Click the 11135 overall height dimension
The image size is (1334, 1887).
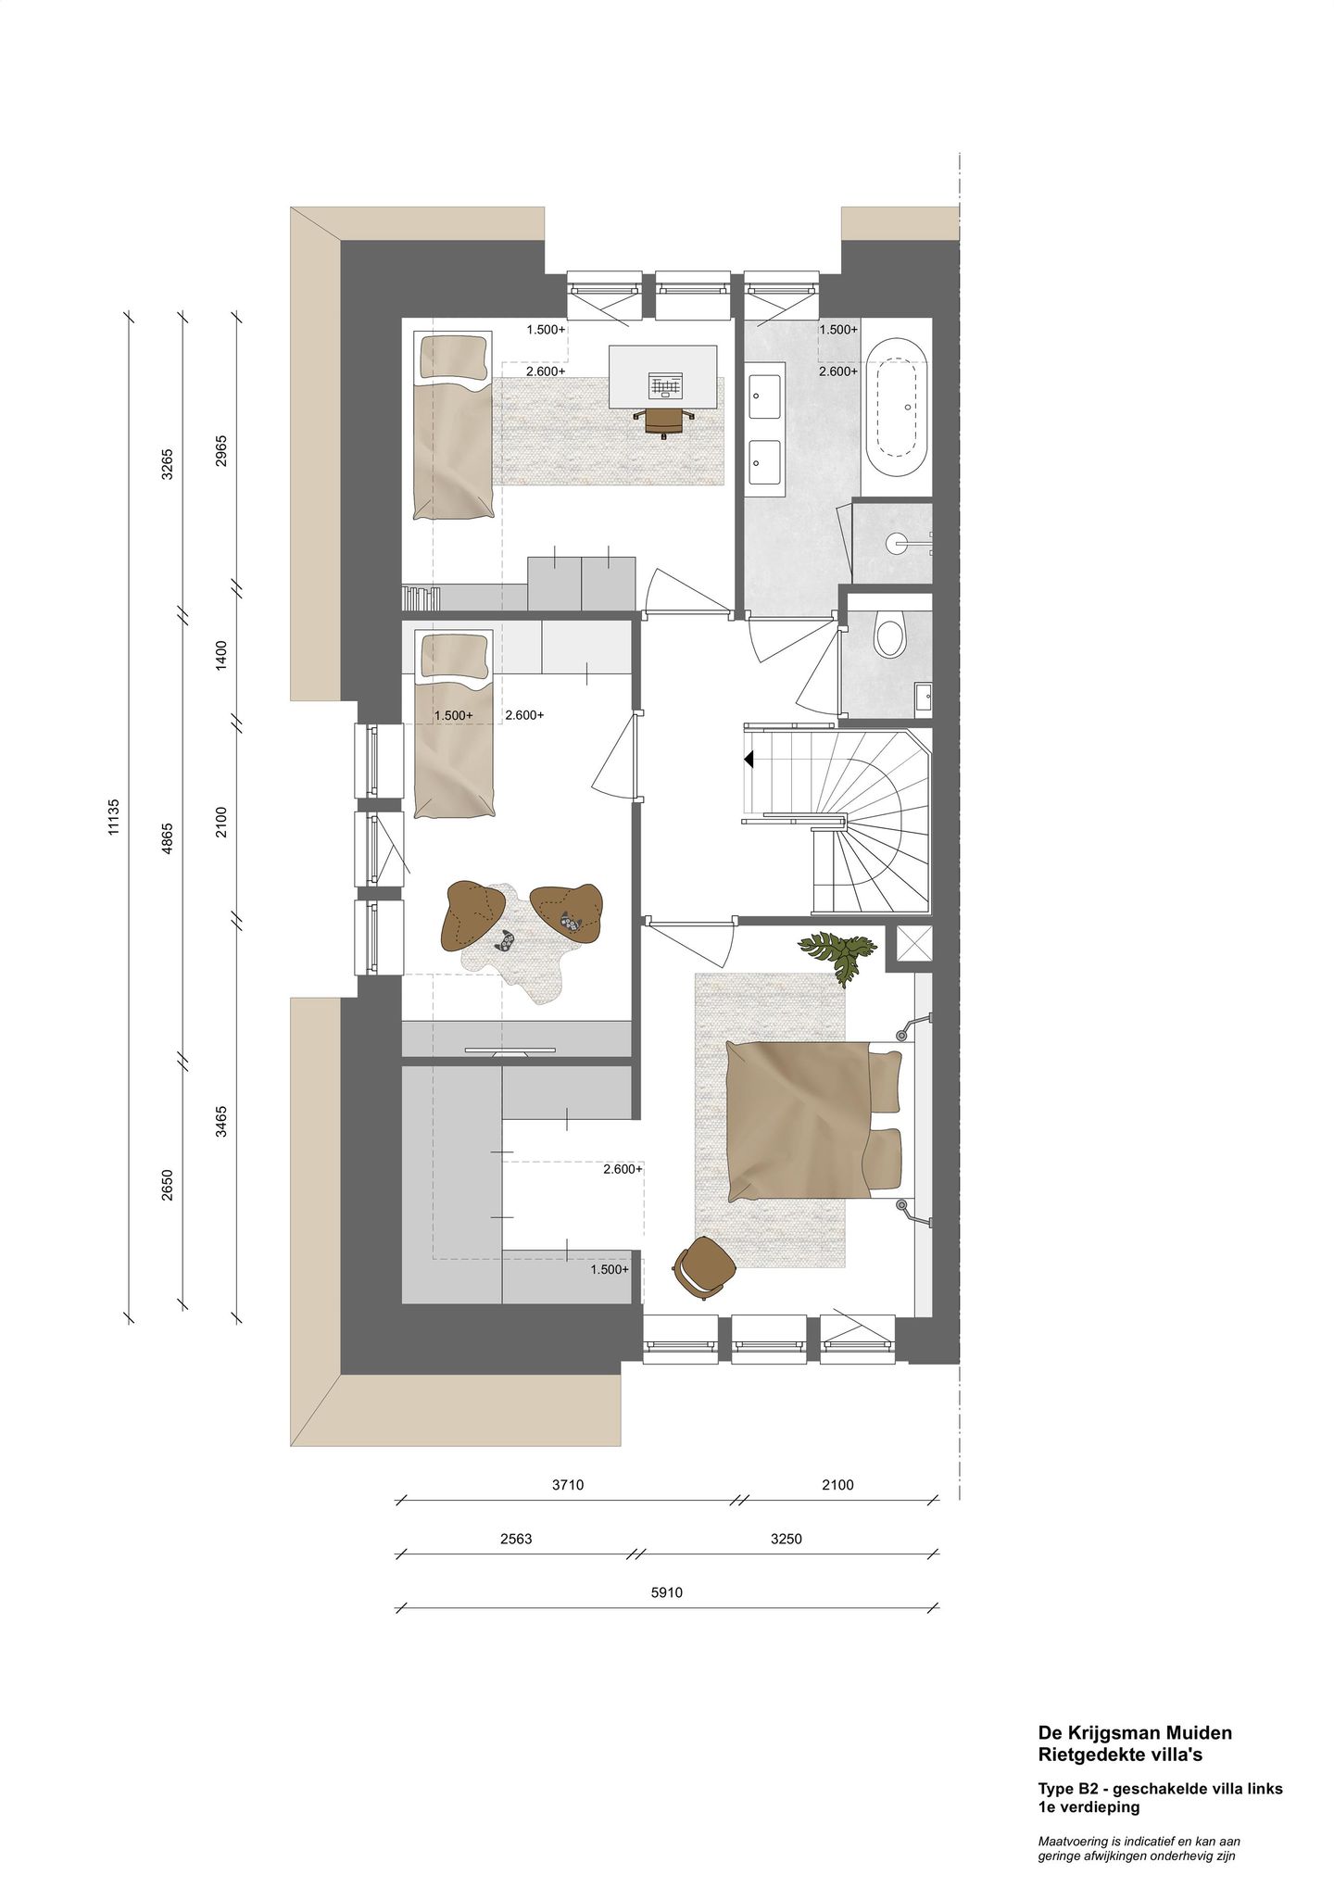[114, 818]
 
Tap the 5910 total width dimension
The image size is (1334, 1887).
[667, 1593]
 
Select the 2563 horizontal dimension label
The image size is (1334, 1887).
[515, 1540]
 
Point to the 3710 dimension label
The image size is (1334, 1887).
[568, 1485]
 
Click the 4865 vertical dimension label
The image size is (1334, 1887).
[168, 839]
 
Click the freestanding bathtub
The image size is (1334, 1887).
[895, 409]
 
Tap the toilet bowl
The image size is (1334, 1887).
[890, 637]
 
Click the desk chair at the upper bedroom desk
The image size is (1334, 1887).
[663, 421]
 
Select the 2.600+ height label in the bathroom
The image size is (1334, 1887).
[837, 371]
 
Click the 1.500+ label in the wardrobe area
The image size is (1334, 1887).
[610, 1269]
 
